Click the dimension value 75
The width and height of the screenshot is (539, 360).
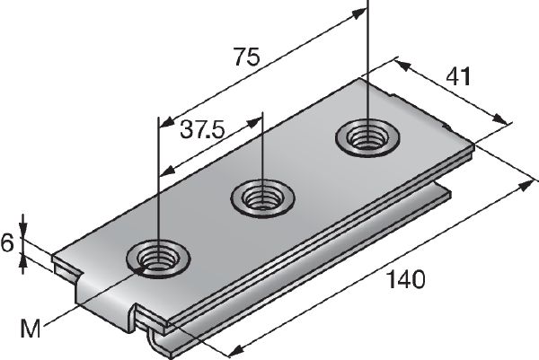[x=245, y=59]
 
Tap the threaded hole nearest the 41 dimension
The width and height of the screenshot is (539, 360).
[x=366, y=138]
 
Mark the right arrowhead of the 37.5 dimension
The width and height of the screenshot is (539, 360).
[x=255, y=117]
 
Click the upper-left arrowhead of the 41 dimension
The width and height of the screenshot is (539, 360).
[x=400, y=64]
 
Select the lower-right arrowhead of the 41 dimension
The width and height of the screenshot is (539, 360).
[x=500, y=119]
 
